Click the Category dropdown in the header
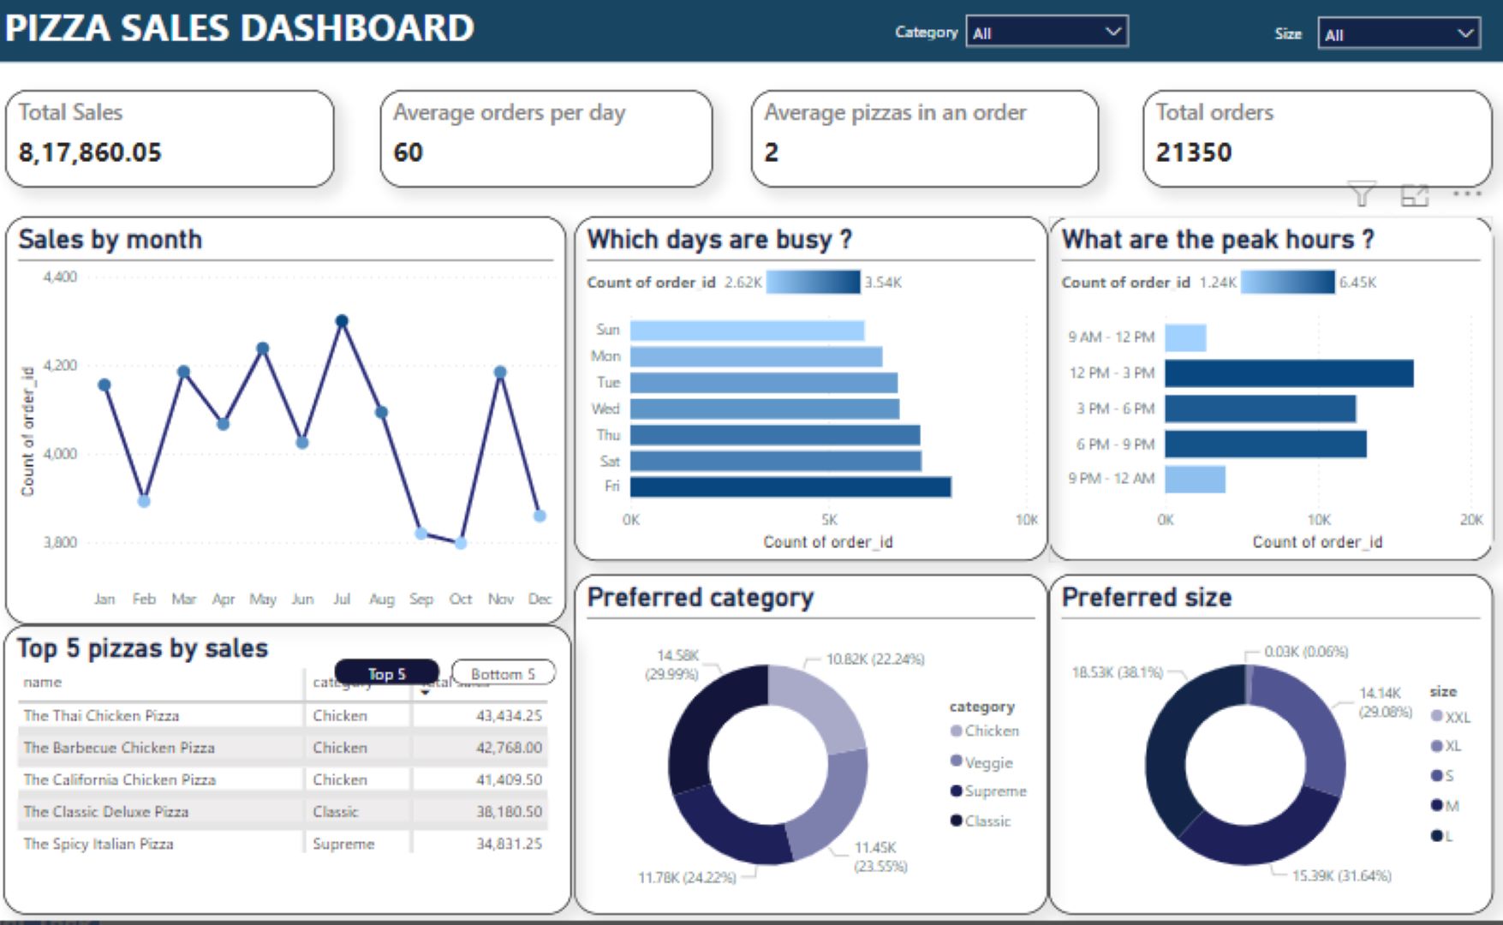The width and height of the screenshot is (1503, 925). [1046, 33]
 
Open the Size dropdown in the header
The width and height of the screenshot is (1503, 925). [1398, 34]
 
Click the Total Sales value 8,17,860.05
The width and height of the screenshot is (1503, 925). [90, 152]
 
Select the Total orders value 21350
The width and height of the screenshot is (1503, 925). [1193, 152]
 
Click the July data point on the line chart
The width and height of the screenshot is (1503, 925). [342, 321]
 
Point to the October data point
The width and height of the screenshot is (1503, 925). [461, 542]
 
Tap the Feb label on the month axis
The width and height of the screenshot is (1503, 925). [144, 599]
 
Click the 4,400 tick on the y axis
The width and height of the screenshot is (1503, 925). [60, 277]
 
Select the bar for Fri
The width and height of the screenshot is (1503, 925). [790, 486]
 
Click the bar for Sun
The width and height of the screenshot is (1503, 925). [747, 331]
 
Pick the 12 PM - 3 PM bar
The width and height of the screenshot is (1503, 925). [1288, 373]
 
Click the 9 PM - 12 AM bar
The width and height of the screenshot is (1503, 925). [1195, 479]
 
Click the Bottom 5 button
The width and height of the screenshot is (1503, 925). [503, 673]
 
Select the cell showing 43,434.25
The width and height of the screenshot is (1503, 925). [509, 715]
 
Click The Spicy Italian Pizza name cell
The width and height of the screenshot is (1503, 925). [98, 844]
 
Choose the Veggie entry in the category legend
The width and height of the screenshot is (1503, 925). [987, 762]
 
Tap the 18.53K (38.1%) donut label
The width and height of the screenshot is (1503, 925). [1117, 672]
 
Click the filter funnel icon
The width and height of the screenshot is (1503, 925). [1362, 195]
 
